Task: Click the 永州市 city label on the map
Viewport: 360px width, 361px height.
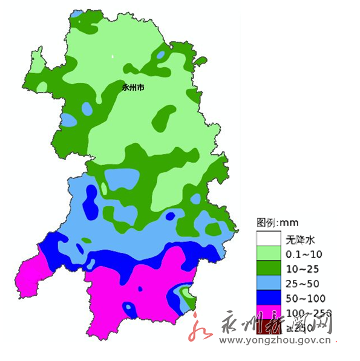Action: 133,87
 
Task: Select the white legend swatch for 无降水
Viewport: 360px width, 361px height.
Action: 267,238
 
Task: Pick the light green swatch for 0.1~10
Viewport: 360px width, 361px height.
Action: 267,253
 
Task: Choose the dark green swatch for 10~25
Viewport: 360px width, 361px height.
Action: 267,268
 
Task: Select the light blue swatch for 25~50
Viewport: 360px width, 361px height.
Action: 267,283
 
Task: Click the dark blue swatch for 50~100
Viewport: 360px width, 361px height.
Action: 267,298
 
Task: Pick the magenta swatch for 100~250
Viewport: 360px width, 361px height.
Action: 267,313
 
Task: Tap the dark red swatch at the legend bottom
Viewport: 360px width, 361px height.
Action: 267,327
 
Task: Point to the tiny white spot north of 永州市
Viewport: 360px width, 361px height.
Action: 113,57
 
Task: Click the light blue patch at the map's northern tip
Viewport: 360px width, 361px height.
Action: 77,13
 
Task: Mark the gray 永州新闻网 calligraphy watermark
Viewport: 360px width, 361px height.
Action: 275,325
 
